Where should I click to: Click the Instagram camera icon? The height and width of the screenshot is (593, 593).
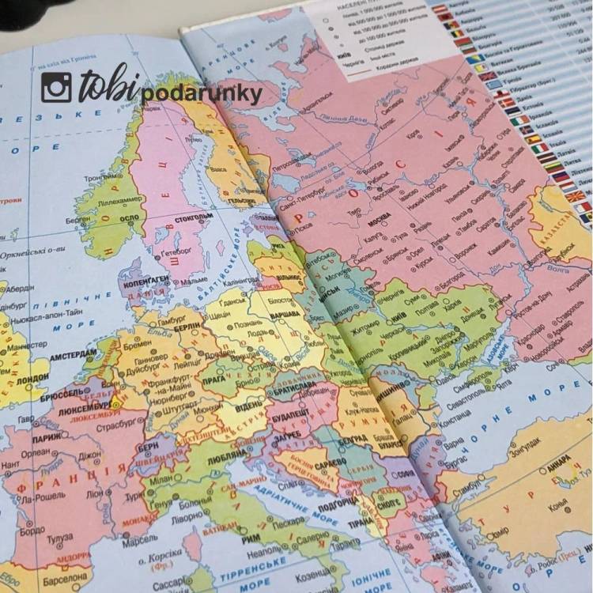(56, 88)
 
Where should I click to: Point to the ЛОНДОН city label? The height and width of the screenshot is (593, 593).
(32, 379)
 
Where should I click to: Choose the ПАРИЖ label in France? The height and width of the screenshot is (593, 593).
(47, 436)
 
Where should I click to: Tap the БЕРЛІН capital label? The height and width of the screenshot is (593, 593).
(187, 327)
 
